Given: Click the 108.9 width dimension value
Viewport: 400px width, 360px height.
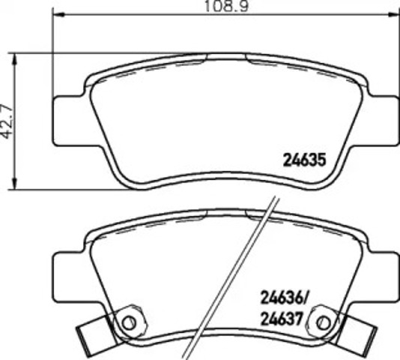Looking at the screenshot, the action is coord(226,6).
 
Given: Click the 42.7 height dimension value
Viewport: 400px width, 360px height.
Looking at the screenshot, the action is coord(7,121).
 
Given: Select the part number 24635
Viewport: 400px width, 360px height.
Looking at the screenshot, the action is coord(305,160).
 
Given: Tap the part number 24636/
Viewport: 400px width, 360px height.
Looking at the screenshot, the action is coord(284,298).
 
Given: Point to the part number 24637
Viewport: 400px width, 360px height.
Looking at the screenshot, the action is coord(281,319).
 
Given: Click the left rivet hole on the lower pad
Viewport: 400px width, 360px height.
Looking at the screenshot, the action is coord(129,323).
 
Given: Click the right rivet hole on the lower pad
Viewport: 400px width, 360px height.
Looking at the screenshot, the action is coord(324,323).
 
